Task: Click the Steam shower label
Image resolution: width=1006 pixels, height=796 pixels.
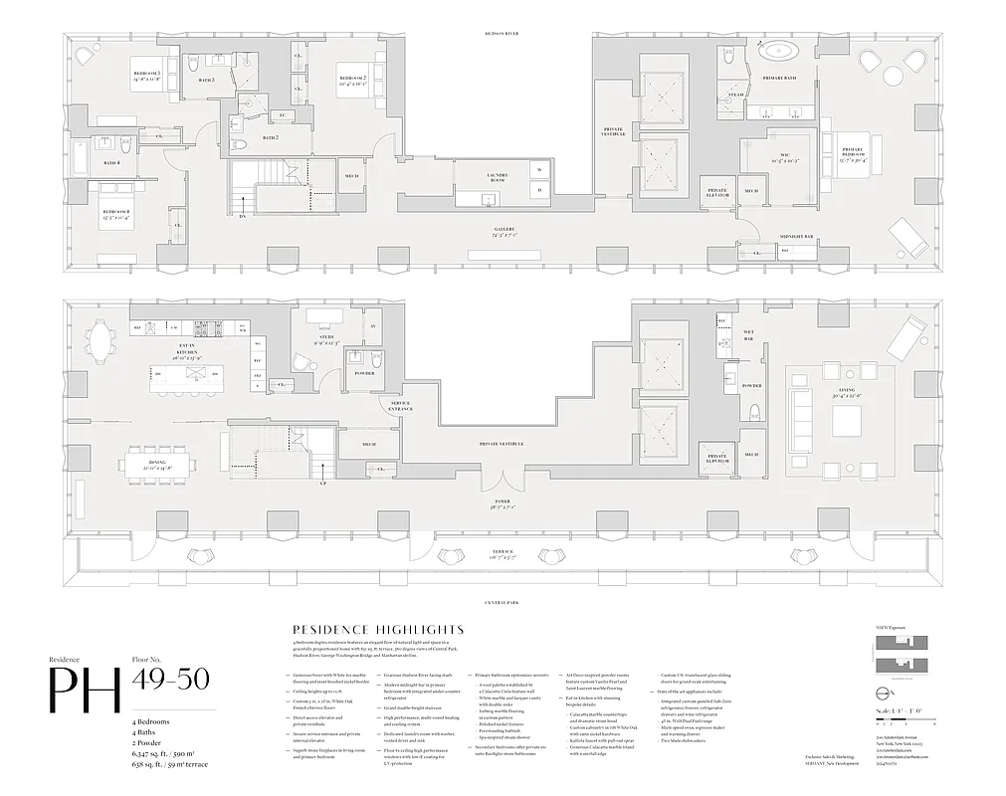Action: (x=735, y=96)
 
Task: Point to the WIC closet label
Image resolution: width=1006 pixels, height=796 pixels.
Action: (x=765, y=157)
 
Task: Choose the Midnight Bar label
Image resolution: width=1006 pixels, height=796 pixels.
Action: (x=797, y=236)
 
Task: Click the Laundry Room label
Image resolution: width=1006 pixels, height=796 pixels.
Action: (x=497, y=178)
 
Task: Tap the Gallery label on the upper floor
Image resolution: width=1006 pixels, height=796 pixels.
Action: (x=503, y=230)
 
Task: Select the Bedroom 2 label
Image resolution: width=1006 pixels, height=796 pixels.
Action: (x=352, y=81)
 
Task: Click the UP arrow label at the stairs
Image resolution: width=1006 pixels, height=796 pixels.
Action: (x=322, y=484)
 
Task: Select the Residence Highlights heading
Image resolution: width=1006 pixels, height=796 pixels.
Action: (x=373, y=630)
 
